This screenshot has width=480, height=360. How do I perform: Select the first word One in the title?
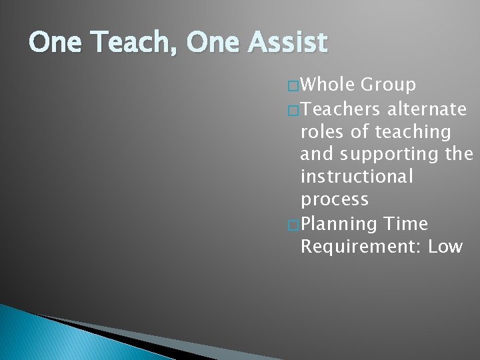click(53, 43)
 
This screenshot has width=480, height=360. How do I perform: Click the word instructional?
click(357, 178)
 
